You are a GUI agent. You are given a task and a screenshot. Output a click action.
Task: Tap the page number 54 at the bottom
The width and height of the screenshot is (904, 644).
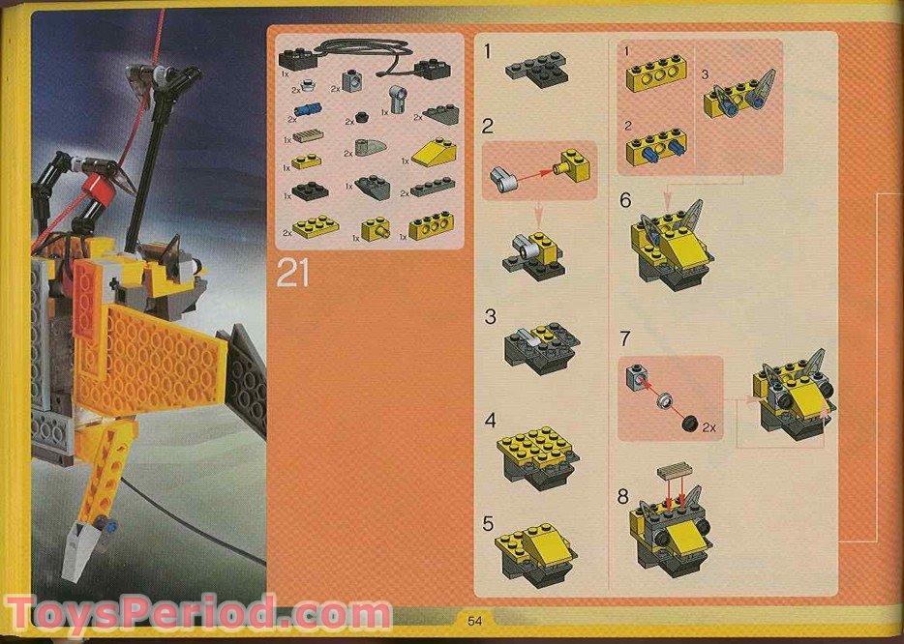point(474,620)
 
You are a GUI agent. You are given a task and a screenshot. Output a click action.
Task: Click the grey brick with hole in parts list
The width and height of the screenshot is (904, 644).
point(350,82)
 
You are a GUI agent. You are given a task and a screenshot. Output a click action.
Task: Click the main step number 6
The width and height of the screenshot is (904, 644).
point(624,200)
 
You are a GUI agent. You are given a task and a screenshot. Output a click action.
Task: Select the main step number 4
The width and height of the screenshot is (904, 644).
point(490,421)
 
